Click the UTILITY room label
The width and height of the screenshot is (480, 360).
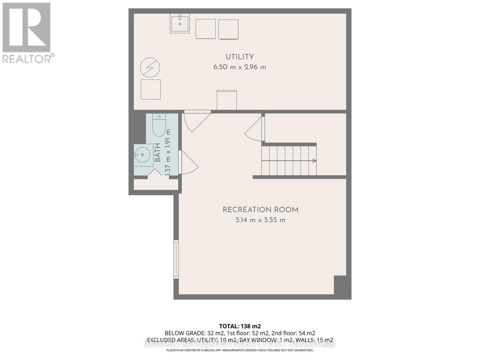(x=240, y=57)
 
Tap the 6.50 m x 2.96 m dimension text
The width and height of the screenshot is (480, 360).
(x=240, y=67)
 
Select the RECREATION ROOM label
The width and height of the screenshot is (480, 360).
(x=260, y=210)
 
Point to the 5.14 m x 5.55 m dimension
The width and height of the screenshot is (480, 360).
(x=260, y=220)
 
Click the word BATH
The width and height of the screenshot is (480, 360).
(x=157, y=152)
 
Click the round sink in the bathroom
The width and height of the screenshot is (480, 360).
(x=143, y=155)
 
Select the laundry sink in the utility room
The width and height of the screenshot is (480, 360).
(x=180, y=23)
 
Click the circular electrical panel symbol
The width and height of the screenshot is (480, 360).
(x=150, y=67)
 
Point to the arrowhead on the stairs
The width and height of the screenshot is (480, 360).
(x=314, y=161)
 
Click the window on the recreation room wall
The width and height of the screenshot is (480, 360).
(x=176, y=259)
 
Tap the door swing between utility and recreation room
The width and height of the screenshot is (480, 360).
(x=195, y=121)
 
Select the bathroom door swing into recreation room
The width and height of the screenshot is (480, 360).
(x=188, y=163)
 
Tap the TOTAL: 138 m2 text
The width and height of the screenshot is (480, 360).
(x=240, y=326)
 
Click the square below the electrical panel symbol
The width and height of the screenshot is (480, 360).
(x=151, y=89)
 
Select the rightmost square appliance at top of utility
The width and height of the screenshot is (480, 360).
(x=228, y=29)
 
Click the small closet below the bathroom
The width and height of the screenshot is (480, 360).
(x=156, y=184)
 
